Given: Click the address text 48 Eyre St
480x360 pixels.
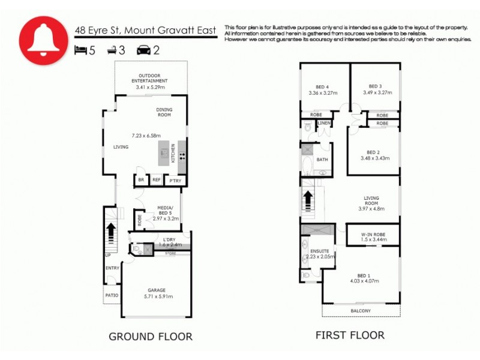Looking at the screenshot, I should coord(97,29).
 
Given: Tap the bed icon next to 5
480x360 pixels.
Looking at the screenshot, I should coord(80,50).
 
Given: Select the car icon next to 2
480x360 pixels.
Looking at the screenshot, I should coord(144,50).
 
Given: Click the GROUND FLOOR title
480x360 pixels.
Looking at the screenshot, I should coord(150,337).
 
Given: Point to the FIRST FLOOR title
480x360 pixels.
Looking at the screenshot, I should coord(350,335).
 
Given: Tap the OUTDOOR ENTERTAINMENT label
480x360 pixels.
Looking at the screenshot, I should coord(149,78).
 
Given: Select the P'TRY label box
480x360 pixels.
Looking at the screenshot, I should coord(175,181).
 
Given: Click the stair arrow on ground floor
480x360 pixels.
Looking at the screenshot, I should coord(111,230).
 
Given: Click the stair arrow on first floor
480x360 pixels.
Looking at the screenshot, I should coord(308,199).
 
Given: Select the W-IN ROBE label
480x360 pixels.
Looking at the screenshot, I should coord(373,234).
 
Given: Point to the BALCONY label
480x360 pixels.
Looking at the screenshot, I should coord(360,311).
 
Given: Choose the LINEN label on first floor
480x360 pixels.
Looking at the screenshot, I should coord(324,123).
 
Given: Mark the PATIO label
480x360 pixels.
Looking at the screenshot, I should coord(112,295).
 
